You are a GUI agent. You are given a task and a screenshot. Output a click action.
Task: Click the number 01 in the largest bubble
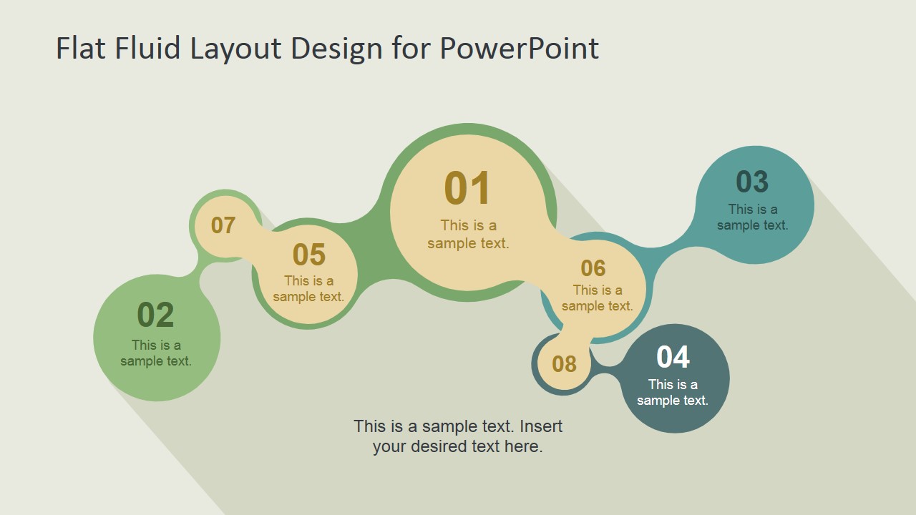click(x=467, y=189)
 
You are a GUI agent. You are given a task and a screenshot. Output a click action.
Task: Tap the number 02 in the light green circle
click(x=155, y=315)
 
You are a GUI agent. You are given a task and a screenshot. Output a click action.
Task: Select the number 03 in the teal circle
click(x=752, y=182)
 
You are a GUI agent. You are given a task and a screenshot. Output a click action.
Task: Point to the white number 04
click(x=673, y=357)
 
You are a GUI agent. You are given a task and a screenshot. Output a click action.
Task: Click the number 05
click(x=309, y=255)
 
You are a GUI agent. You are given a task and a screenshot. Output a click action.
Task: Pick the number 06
click(x=593, y=268)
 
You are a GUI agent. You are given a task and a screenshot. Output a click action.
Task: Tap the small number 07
click(x=223, y=225)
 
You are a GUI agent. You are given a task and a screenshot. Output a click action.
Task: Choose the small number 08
click(x=564, y=364)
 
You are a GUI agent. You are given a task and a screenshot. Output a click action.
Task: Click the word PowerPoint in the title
click(x=519, y=49)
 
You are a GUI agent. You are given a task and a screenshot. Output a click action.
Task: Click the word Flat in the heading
click(x=81, y=49)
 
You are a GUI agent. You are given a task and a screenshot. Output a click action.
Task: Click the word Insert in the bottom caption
click(x=541, y=426)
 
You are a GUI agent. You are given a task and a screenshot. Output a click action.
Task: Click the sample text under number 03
click(x=752, y=217)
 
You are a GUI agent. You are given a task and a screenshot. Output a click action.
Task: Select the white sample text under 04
click(x=673, y=393)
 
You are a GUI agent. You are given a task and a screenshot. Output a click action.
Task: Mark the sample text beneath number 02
click(x=156, y=353)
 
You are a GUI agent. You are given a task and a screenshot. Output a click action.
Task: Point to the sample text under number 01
click(x=468, y=235)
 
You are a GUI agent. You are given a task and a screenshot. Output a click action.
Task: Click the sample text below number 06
click(x=597, y=298)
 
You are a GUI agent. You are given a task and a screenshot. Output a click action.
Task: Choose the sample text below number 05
click(x=308, y=289)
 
